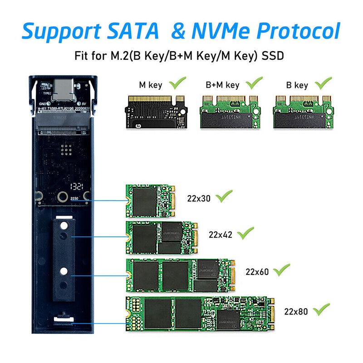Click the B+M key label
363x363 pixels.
coord(222,85)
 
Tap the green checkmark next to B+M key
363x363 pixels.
coord(254,83)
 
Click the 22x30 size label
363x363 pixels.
coord(199,198)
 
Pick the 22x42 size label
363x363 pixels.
coord(221,235)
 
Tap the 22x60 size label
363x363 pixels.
coord(257,272)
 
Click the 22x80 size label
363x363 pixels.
coord(296,311)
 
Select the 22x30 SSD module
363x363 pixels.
coord(150,200)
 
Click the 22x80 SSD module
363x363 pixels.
coord(200,313)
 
